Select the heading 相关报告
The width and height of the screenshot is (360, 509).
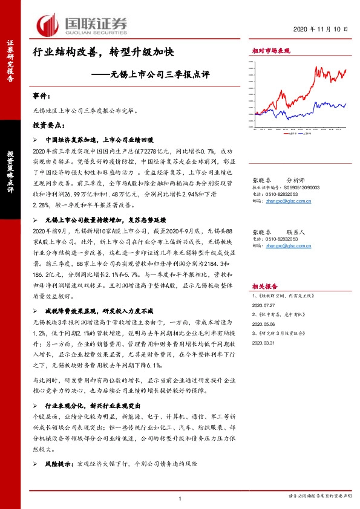263,288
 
